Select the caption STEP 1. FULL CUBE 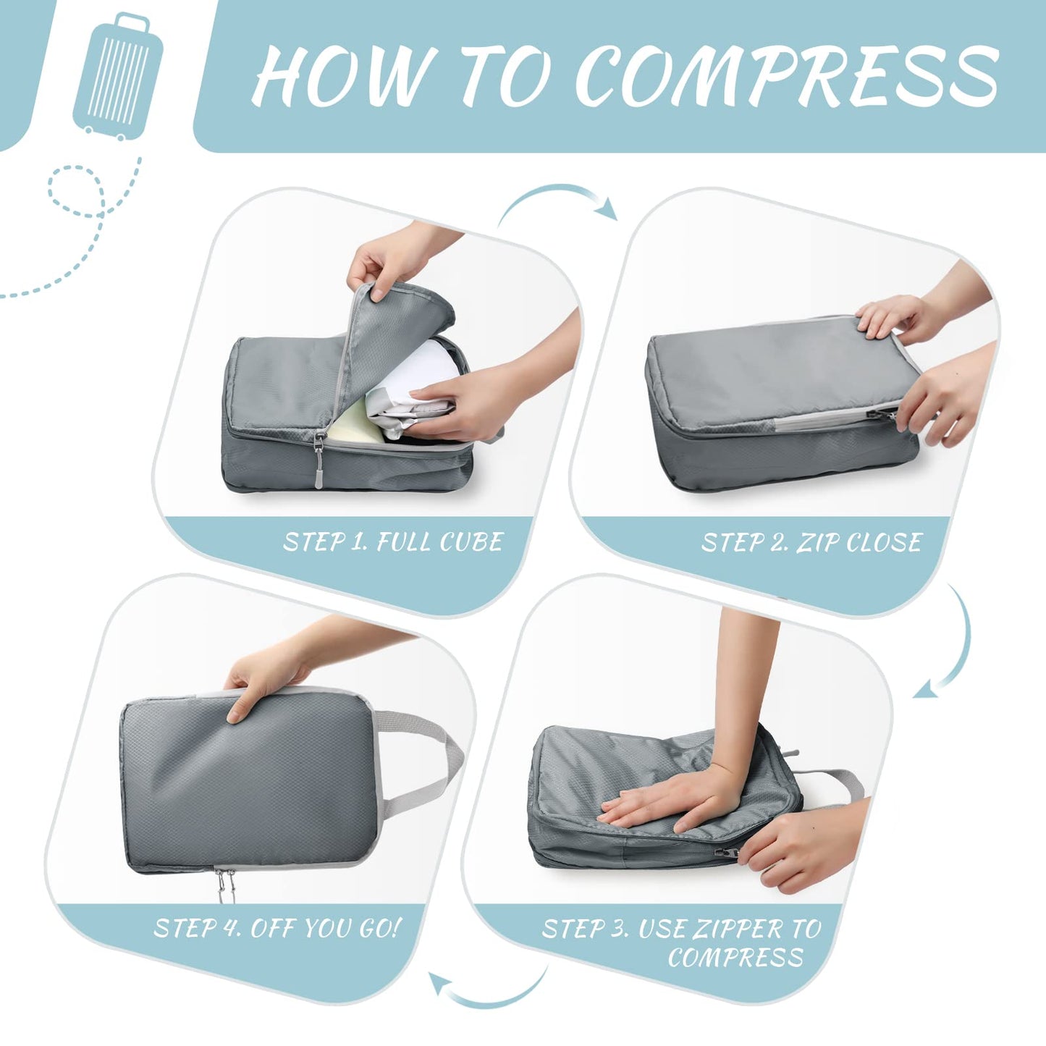392,542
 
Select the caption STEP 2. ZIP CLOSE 811,542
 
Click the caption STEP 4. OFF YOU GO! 277,928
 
